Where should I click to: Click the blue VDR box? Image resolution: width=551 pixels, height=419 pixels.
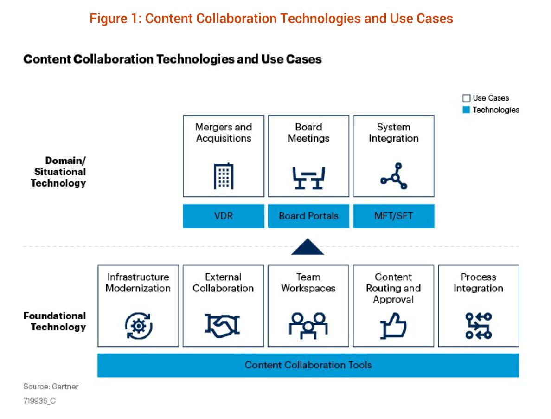pos(223,216)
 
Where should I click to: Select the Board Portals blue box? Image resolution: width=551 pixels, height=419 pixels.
pos(308,216)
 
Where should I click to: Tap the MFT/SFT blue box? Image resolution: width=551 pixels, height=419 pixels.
pos(394,216)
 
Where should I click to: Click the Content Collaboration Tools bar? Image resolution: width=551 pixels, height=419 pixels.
pos(308,365)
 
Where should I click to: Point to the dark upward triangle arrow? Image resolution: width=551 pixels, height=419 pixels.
pos(308,247)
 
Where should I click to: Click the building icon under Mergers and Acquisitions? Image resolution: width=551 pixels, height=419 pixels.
pos(223,177)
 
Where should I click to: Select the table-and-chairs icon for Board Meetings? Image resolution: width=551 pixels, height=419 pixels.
pos(308,178)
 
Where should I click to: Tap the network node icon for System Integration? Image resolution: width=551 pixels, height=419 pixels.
pos(394,176)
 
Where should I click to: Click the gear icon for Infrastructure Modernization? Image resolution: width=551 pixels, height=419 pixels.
pos(138,326)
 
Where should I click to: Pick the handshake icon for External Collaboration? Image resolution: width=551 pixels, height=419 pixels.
pos(223,326)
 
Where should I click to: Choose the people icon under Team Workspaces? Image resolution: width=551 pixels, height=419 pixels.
pos(308,325)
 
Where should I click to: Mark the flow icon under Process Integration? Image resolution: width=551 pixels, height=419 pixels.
pos(478,326)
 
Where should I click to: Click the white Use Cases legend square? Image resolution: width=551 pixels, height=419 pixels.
pos(466,98)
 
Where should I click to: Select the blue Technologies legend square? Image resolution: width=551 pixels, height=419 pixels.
pos(466,110)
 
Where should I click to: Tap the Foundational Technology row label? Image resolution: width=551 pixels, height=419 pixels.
pos(55,321)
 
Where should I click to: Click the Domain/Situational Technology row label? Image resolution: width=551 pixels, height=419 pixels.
pos(58,172)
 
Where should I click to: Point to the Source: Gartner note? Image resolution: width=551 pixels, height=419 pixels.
pos(51,387)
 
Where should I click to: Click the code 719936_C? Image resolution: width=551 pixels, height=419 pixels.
pos(39,400)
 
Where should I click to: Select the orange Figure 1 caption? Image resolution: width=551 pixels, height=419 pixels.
pos(271,19)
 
